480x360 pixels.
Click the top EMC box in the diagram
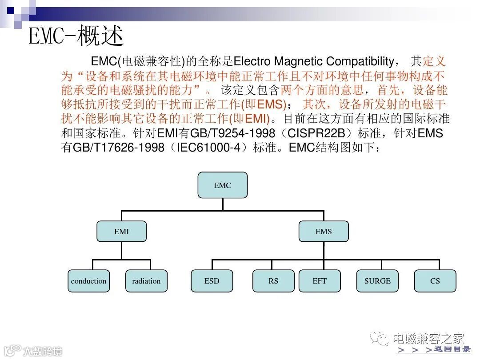[x=222, y=185]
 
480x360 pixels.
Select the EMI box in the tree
[x=121, y=232]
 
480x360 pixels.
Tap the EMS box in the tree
[x=324, y=232]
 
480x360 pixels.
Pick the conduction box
[x=88, y=281]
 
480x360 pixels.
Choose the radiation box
[x=146, y=281]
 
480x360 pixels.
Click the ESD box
[x=212, y=281]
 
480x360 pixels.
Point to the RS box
[x=273, y=281]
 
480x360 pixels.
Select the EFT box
[x=320, y=281]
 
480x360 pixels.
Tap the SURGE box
[x=377, y=281]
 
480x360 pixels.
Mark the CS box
[x=435, y=281]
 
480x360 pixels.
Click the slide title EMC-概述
[x=76, y=36]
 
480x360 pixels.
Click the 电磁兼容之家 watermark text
[x=428, y=339]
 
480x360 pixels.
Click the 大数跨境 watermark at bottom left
[x=42, y=351]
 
